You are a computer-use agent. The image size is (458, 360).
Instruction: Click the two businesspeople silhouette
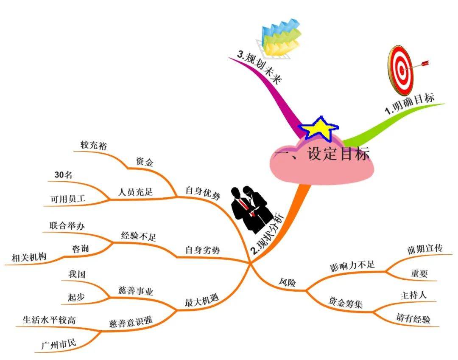pyautogui.click(x=250, y=208)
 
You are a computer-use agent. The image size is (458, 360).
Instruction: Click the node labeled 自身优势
pyautogui.click(x=203, y=193)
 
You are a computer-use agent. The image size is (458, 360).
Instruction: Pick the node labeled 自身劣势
pyautogui.click(x=202, y=250)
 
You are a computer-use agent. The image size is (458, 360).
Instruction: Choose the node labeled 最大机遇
pyautogui.click(x=201, y=300)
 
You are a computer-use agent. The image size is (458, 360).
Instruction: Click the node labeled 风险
pyautogui.click(x=287, y=282)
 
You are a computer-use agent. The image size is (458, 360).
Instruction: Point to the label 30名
pyautogui.click(x=63, y=175)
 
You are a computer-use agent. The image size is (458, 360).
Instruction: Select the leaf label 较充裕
pyautogui.click(x=93, y=145)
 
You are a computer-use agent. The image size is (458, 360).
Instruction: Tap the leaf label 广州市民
pyautogui.click(x=59, y=344)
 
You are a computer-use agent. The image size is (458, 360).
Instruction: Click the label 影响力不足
pyautogui.click(x=352, y=266)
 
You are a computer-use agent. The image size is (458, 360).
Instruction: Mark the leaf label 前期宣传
pyautogui.click(x=424, y=249)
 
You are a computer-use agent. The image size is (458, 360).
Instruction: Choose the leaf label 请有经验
pyautogui.click(x=413, y=318)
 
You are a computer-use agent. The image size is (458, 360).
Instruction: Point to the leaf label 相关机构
pyautogui.click(x=29, y=257)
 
